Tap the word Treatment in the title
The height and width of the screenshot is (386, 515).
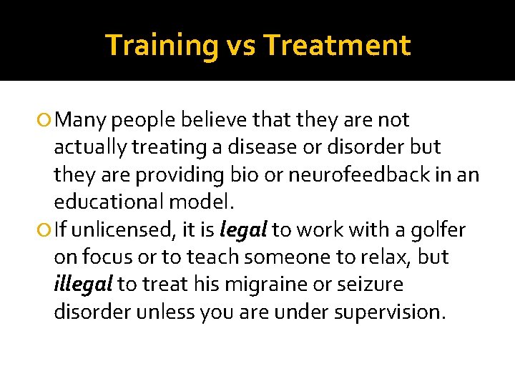pyautogui.click(x=337, y=45)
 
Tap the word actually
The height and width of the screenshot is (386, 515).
pyautogui.click(x=90, y=148)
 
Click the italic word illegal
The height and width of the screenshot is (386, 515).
pyautogui.click(x=84, y=284)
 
